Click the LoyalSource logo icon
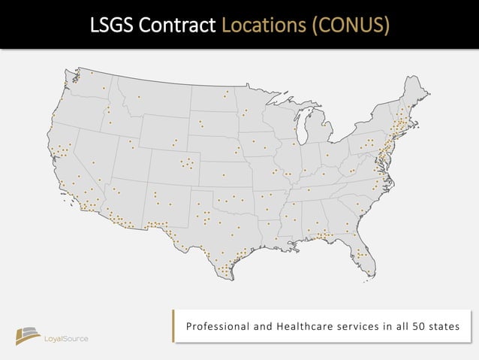point(29,336)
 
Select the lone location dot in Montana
point(139,96)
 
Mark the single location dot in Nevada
point(93,162)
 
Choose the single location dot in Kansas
point(223,176)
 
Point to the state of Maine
point(414,94)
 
